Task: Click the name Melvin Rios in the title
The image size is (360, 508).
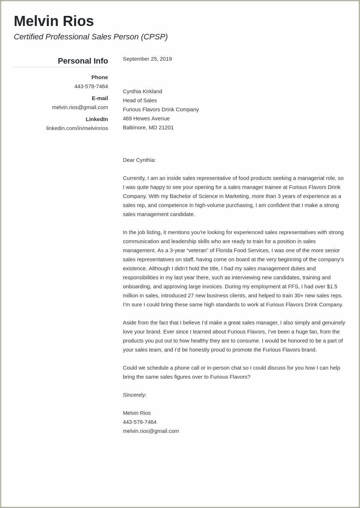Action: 54,21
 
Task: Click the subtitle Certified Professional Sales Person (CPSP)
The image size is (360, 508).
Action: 91,37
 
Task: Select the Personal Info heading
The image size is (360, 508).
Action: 83,61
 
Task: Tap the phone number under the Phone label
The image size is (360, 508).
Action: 91,86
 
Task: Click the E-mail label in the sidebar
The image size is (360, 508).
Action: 100,98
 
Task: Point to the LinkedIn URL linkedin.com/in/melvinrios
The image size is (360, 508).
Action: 77,128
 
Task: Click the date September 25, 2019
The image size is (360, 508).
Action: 147,59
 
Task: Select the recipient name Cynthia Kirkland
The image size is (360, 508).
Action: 142,91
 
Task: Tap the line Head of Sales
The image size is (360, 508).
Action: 140,100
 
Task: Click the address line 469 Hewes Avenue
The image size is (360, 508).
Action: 146,119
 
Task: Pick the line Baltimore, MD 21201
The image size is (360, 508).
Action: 148,128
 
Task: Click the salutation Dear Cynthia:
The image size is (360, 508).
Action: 139,160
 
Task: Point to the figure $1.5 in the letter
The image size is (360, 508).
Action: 332,287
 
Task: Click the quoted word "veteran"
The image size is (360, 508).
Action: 202,250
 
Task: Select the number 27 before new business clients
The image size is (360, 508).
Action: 191,296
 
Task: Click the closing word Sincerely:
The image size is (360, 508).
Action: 134,395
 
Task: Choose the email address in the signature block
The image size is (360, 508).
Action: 151,431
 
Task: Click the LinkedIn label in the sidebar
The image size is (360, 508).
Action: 97,119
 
